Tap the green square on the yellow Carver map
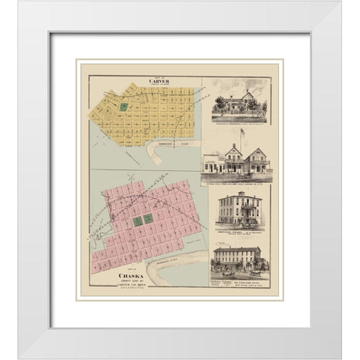point(124,108)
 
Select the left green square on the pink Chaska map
point(137,221)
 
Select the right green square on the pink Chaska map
point(148,218)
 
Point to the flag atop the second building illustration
point(241,133)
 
